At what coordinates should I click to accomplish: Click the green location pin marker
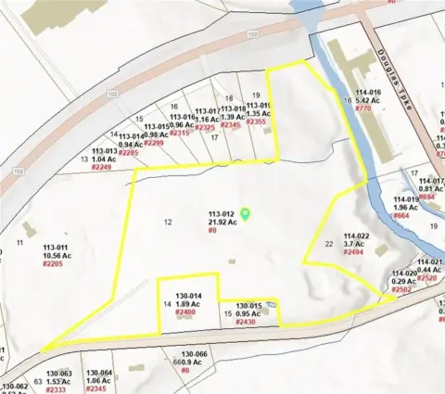point(246,213)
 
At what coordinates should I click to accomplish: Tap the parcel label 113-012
point(222,213)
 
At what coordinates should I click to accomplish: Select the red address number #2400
point(184,312)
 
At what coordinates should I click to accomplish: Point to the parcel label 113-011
point(57,248)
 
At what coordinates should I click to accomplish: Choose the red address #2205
point(57,264)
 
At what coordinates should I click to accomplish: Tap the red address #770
point(363,108)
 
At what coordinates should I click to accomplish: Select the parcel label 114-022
point(357,235)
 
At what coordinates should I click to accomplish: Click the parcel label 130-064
point(98,373)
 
